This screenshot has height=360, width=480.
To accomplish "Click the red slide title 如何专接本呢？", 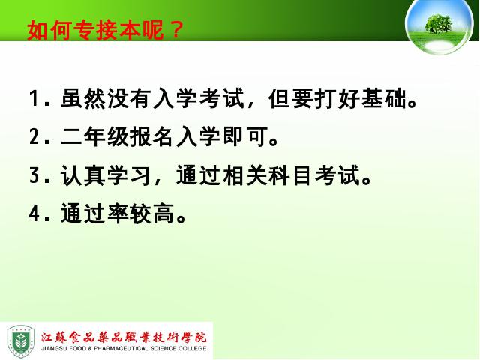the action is coord(105,30).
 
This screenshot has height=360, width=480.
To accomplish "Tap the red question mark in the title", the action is coord(175,30).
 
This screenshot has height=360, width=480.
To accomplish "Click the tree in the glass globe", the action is coord(439,23).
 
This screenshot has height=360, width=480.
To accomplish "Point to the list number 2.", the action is coord(34,136).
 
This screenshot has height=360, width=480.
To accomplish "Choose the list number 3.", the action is coord(34,175).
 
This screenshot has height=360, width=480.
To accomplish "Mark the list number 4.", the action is coord(34,213).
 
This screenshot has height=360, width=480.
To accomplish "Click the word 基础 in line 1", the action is coord(384,98).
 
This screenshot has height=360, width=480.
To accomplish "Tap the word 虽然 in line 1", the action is coord(83,98).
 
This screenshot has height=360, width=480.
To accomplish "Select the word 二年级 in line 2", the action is coord(95,136).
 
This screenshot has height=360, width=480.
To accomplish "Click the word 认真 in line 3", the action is coord(83,175).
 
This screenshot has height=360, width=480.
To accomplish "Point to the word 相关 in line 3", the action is coord(245,175).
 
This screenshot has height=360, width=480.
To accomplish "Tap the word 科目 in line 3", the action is coord(292,175).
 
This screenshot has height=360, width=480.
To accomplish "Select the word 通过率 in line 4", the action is coord(95,213).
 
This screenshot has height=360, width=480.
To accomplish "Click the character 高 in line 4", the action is coord(163,213).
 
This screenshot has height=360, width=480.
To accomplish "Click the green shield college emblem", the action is coord(20,341).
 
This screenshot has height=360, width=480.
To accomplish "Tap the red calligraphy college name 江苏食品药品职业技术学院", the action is coord(124,337).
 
